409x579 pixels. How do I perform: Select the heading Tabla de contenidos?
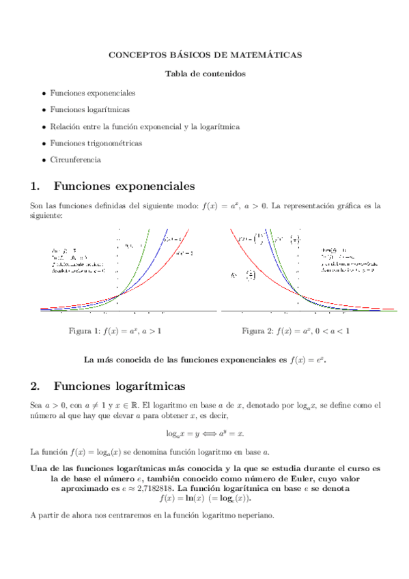tap(205, 73)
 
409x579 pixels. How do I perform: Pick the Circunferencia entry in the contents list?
tap(75, 160)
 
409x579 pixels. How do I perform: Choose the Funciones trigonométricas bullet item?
tap(96, 143)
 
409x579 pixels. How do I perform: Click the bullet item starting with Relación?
tap(144, 126)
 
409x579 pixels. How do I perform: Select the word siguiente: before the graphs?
tap(47, 215)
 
